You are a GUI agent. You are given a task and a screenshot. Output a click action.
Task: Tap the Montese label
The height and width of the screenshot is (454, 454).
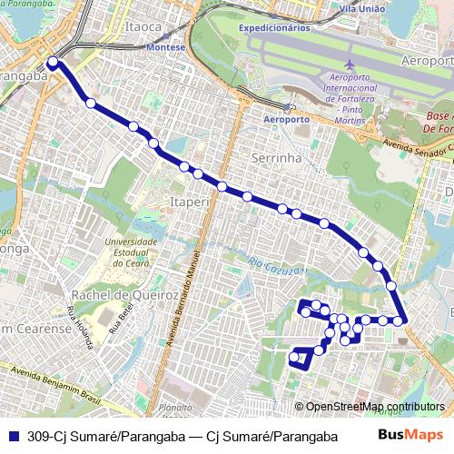(169, 45)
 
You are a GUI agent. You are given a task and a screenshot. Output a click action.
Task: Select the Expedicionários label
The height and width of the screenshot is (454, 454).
(275, 28)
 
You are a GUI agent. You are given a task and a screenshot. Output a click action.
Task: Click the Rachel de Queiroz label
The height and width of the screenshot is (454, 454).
(117, 294)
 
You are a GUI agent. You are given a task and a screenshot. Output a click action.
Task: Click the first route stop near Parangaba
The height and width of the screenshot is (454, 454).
(53, 63)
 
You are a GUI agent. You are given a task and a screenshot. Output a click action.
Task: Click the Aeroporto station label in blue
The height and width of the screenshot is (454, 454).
(286, 119)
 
